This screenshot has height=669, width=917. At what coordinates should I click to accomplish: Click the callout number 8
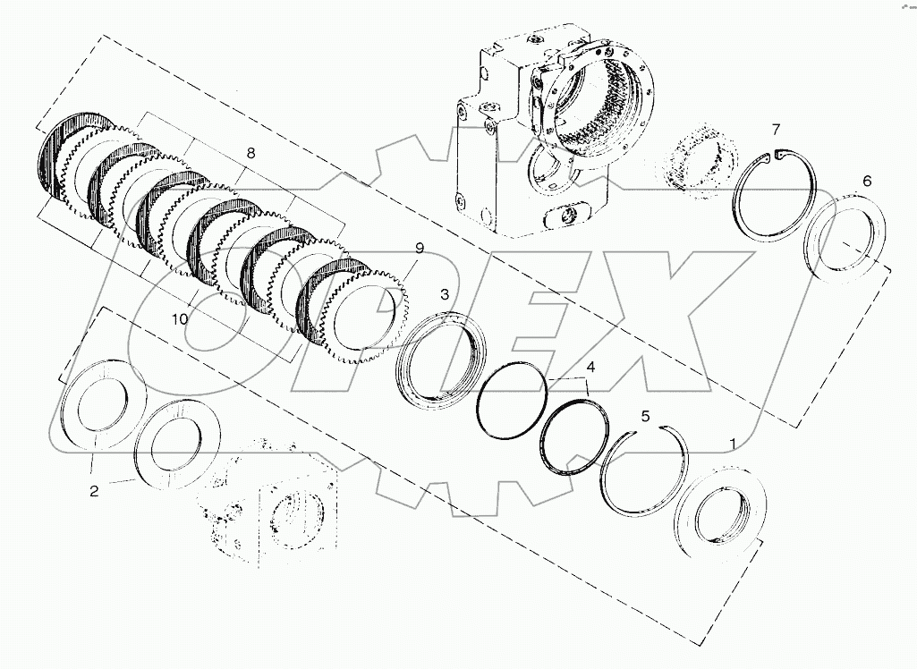point(250,153)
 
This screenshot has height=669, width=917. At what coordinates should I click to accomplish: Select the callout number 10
point(179,319)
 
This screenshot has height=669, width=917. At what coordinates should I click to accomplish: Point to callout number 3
point(443,294)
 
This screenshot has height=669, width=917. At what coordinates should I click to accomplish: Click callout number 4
point(590,367)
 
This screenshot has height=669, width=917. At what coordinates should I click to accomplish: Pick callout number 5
point(644,417)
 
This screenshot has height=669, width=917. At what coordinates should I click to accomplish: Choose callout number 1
point(734,444)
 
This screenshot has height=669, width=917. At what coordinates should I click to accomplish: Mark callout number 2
point(93,490)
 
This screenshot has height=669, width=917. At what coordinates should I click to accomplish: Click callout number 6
point(866,181)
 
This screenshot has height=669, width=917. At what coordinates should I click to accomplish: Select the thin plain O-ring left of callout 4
point(513,402)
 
